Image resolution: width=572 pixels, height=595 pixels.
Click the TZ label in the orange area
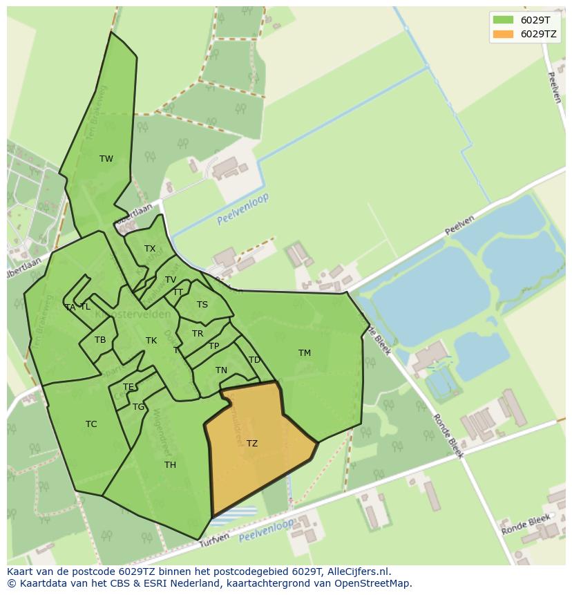[x=252, y=444]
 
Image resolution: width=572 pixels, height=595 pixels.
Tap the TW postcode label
[x=106, y=159]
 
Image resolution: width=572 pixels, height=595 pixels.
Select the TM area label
[x=305, y=353]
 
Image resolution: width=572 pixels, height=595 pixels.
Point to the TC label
[x=91, y=424]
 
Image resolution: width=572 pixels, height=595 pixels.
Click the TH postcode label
[x=170, y=465]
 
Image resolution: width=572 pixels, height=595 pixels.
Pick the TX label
[x=150, y=249]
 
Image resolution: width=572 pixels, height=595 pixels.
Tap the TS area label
[x=202, y=305]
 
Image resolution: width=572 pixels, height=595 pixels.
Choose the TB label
[x=100, y=340]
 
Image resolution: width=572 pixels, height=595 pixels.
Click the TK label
[x=151, y=341]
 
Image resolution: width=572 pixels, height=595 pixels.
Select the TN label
[x=221, y=371]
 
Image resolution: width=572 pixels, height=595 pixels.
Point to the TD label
[x=254, y=360]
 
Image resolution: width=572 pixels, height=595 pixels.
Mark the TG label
[x=138, y=407]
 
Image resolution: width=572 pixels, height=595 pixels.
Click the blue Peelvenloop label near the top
[x=242, y=209]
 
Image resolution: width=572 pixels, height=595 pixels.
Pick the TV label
[x=171, y=280]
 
